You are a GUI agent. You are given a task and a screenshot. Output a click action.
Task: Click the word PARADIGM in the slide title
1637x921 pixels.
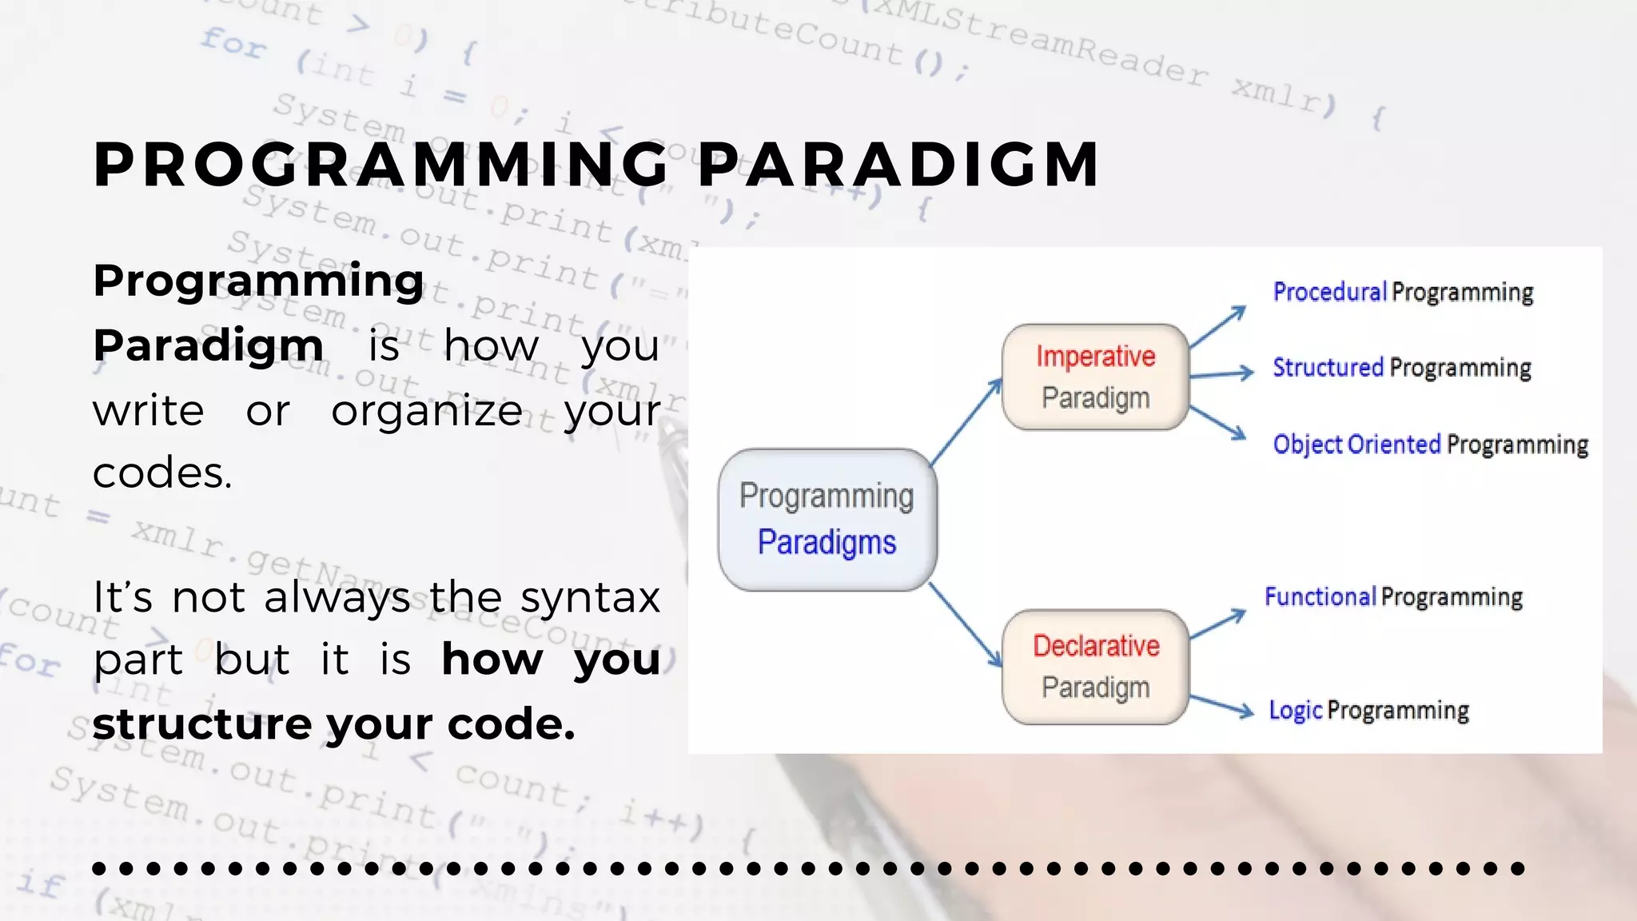click(898, 165)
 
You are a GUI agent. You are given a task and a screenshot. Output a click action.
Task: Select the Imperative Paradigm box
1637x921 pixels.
click(1095, 377)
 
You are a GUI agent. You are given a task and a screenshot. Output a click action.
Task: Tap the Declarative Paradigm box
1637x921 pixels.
click(1095, 667)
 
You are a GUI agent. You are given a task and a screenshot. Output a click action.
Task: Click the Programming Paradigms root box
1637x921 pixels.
click(827, 520)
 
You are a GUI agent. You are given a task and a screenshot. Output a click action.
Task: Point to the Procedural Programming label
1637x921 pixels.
click(1403, 292)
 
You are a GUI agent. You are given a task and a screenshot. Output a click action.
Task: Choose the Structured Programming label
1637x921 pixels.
click(1401, 368)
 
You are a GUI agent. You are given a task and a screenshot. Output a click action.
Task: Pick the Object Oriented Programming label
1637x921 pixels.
click(1430, 445)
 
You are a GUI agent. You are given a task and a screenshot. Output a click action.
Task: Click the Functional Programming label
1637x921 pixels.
click(1393, 597)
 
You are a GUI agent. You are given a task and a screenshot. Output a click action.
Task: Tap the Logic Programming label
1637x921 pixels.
click(1368, 711)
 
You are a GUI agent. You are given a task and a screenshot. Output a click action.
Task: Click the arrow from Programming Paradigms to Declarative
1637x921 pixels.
click(966, 625)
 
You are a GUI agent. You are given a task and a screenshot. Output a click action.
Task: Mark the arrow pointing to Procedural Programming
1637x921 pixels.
click(1217, 326)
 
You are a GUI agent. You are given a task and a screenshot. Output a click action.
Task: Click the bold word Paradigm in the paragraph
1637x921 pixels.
click(208, 345)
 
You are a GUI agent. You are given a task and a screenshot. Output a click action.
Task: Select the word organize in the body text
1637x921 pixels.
click(427, 411)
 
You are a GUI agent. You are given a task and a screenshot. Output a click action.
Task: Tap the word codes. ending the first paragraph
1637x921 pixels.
click(162, 472)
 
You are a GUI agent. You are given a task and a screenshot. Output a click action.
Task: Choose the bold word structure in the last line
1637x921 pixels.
click(201, 724)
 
